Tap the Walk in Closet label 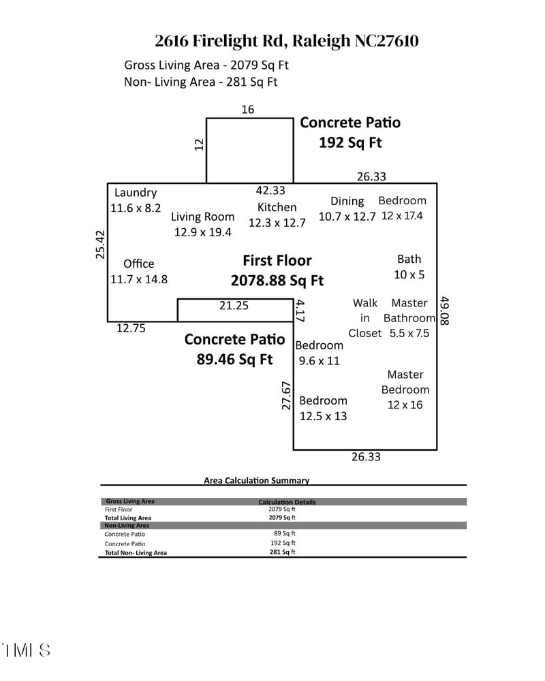(365, 318)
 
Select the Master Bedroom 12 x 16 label (405, 390)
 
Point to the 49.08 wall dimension (445, 311)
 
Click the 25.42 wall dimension (100, 245)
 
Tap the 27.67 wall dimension (287, 395)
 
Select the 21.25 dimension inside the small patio (233, 306)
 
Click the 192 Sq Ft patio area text (350, 143)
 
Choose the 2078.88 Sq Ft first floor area (277, 281)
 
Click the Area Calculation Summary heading (256, 480)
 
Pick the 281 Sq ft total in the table (282, 552)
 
